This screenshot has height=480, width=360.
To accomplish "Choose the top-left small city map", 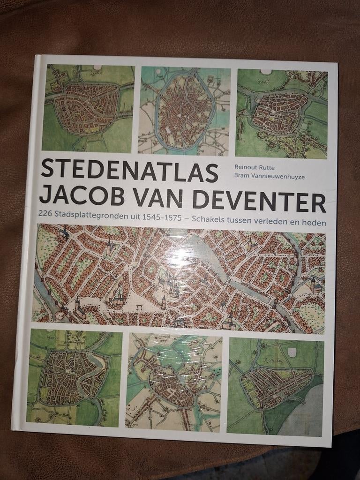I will click(88, 108).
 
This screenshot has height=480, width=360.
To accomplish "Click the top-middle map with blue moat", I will click(184, 111).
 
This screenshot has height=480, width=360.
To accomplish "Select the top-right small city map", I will click(281, 114).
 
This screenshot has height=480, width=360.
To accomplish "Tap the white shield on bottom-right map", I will click(292, 351).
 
